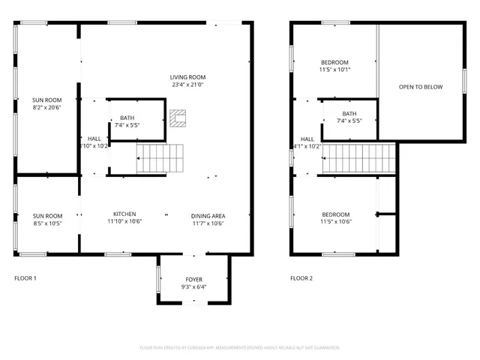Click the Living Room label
(x=187, y=77)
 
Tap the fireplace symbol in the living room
(x=177, y=118)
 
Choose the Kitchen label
(x=124, y=213)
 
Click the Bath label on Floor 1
(x=127, y=117)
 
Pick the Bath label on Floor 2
(x=349, y=113)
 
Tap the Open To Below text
(x=420, y=87)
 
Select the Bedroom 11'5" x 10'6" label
(x=334, y=217)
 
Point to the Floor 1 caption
(x=25, y=278)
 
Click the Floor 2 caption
(x=301, y=278)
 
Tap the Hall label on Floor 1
(x=94, y=139)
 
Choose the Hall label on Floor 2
(x=307, y=139)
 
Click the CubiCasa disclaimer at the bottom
(x=240, y=347)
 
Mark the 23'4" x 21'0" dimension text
(x=187, y=85)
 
